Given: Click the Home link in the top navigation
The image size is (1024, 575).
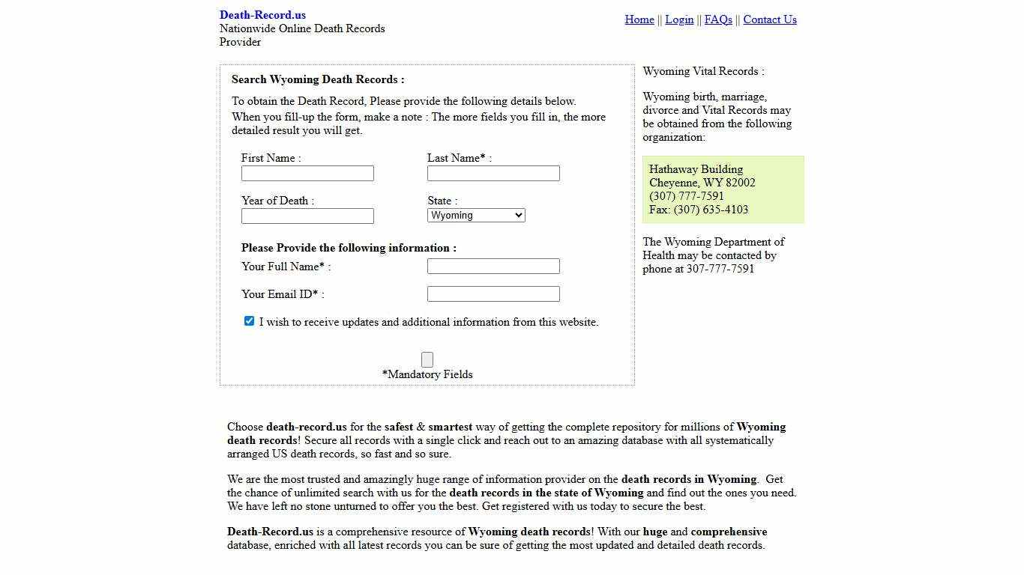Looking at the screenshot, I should (639, 19).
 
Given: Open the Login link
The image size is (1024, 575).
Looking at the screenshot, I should (679, 19).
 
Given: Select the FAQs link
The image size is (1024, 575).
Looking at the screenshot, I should (718, 19).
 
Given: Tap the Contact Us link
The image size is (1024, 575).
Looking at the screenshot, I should (769, 19).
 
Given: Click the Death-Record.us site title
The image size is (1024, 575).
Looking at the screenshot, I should (262, 15).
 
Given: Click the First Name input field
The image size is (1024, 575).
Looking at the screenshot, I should (307, 174).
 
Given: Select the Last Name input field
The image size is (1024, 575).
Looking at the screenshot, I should (493, 174).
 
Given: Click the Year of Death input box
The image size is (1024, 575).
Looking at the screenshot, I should (307, 216).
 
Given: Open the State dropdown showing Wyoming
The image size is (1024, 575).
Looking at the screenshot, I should (476, 216).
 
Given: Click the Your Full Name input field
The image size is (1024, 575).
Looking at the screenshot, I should (493, 267).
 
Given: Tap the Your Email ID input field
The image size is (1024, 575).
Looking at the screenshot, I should (493, 294).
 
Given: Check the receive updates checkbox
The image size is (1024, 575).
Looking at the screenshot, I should (249, 321).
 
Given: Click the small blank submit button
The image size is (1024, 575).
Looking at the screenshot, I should (427, 359).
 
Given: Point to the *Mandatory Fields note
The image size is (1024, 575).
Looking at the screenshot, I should (427, 374).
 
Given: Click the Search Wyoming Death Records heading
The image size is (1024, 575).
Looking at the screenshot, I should (318, 79).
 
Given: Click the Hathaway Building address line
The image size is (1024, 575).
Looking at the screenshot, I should (696, 169).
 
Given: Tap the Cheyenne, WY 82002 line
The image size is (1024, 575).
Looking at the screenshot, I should (702, 183).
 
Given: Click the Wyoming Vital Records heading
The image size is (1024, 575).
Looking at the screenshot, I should (703, 71).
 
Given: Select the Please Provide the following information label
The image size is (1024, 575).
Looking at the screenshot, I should (349, 248).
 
